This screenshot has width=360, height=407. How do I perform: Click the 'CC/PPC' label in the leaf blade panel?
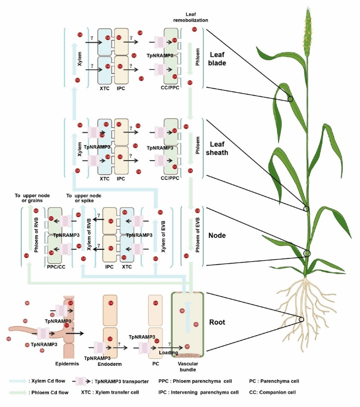point(170,87)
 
